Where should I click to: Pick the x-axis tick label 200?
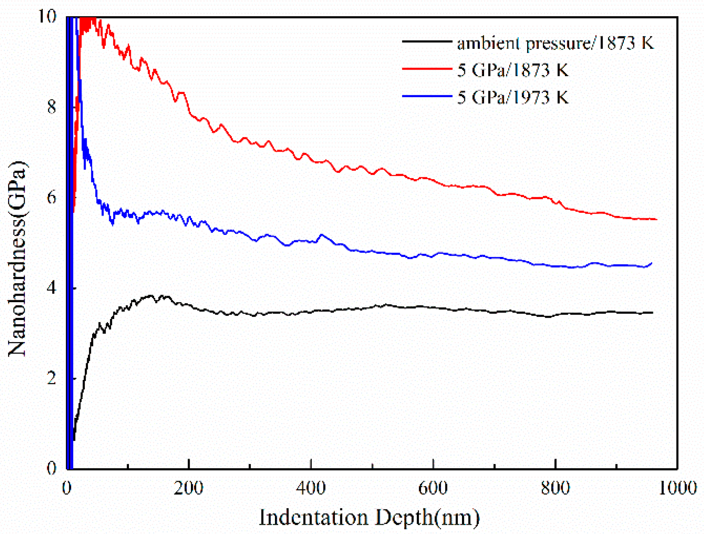(x=188, y=488)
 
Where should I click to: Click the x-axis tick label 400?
(x=311, y=488)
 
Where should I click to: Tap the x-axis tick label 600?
(x=433, y=488)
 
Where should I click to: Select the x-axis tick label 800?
(x=555, y=488)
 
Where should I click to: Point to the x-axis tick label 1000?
(x=677, y=488)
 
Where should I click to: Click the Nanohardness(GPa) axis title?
(x=17, y=258)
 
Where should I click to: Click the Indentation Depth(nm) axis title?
(x=369, y=517)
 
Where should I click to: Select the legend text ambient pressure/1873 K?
(x=555, y=43)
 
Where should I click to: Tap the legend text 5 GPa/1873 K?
(x=513, y=70)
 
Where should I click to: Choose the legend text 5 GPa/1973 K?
(x=513, y=97)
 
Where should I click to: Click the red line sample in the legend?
(x=427, y=69)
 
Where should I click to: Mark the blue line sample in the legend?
(x=427, y=96)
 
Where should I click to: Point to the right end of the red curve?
(x=656, y=219)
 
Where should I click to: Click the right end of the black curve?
(x=652, y=313)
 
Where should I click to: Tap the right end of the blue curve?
(x=651, y=263)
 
